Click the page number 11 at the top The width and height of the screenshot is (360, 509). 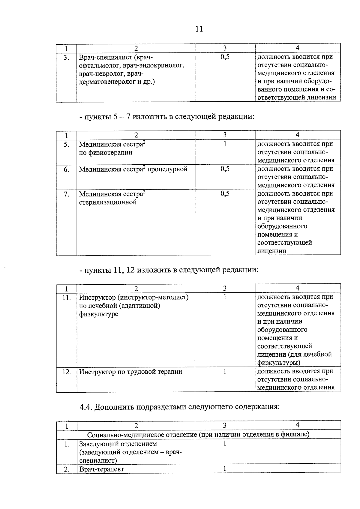click(199, 29)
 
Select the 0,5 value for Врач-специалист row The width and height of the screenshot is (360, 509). click(225, 57)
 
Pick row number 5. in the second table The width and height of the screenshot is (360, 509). click(66, 145)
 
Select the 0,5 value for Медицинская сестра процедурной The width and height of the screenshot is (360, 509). click(225, 169)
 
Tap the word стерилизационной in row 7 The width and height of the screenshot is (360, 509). click(108, 202)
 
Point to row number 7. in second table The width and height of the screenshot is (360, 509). click(66, 194)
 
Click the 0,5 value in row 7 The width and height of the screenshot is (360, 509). click(225, 194)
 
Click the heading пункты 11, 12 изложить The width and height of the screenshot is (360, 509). click(169, 270)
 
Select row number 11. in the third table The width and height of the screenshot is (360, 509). click(66, 298)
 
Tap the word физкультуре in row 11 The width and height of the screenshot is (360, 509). click(99, 314)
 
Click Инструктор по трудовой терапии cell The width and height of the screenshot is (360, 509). click(130, 372)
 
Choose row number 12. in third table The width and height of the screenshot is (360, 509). click(66, 372)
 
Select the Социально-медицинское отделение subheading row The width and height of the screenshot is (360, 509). click(198, 434)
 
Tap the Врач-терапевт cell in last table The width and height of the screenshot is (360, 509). click(101, 469)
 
